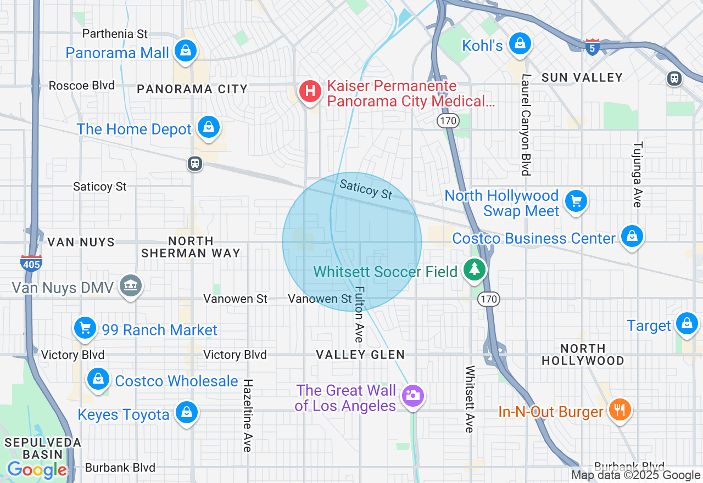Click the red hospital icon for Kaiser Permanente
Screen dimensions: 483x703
pyautogui.click(x=310, y=91)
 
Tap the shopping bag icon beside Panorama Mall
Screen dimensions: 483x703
pyautogui.click(x=186, y=51)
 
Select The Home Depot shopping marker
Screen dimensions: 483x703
pyautogui.click(x=209, y=127)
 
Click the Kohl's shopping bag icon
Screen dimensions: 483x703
pyautogui.click(x=519, y=43)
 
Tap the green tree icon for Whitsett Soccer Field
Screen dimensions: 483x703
pyautogui.click(x=474, y=269)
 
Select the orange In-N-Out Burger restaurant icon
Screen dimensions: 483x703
pyautogui.click(x=620, y=409)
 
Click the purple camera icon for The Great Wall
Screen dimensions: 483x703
pyautogui.click(x=412, y=395)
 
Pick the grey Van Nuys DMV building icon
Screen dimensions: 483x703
pyautogui.click(x=131, y=285)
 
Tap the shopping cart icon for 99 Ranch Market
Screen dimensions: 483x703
pyautogui.click(x=85, y=328)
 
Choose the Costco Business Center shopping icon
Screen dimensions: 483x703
pyautogui.click(x=632, y=237)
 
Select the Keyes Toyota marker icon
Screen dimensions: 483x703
pyautogui.click(x=186, y=413)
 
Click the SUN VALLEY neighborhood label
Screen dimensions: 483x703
pyautogui.click(x=582, y=77)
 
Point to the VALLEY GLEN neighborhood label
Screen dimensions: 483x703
pyautogui.click(x=360, y=355)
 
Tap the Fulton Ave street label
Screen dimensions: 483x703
pyautogui.click(x=359, y=314)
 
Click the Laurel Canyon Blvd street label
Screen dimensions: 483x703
pyautogui.click(x=526, y=125)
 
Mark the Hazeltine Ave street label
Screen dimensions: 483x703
pyautogui.click(x=248, y=415)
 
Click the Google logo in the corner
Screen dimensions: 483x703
pyautogui.click(x=37, y=470)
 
